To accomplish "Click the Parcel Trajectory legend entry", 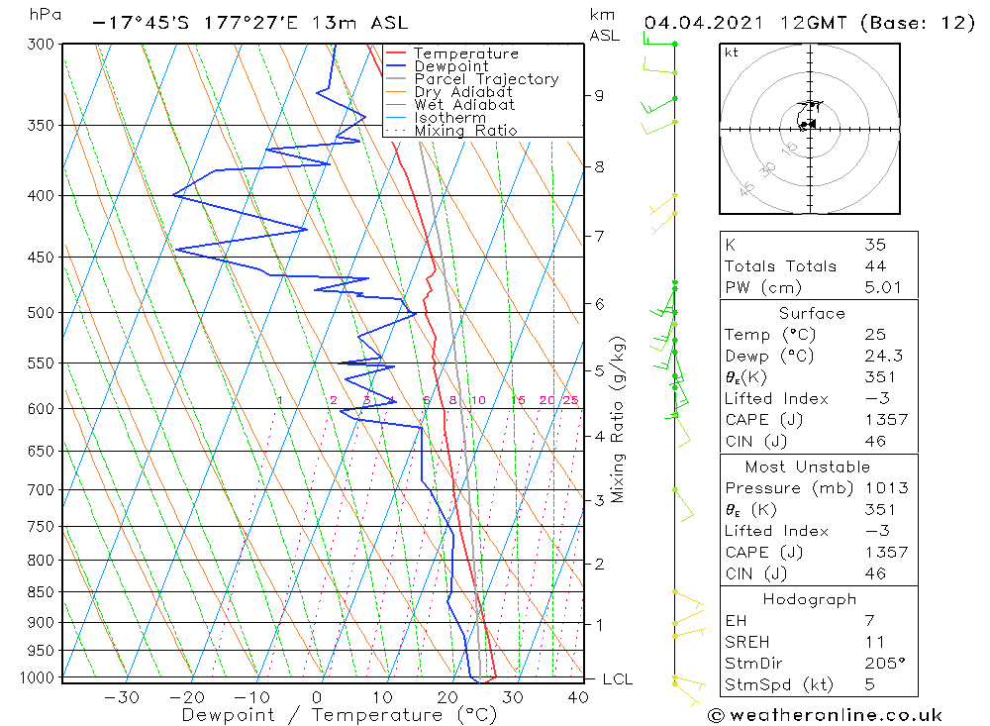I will (x=486, y=79).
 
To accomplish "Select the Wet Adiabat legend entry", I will (x=464, y=105).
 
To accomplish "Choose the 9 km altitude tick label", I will (x=599, y=95).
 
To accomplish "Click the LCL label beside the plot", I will (x=617, y=679).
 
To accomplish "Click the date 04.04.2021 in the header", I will (x=700, y=23).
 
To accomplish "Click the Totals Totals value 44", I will (x=875, y=266).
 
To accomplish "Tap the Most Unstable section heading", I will (x=808, y=467).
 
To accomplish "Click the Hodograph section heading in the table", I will (x=810, y=599).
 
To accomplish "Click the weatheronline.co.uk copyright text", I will (x=825, y=715).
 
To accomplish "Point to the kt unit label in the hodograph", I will (x=732, y=52).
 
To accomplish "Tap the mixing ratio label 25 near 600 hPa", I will (x=570, y=400).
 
